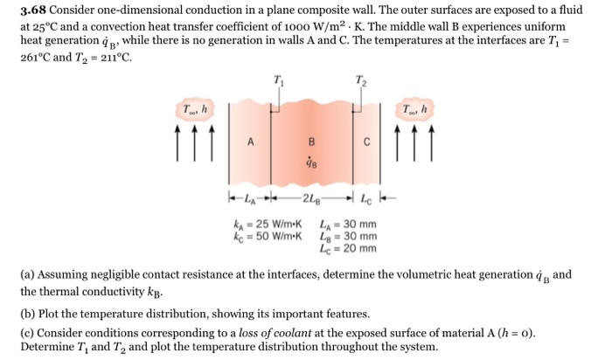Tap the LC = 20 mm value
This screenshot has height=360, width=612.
(350, 248)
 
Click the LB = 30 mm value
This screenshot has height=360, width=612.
(350, 236)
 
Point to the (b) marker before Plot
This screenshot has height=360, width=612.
(28, 314)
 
